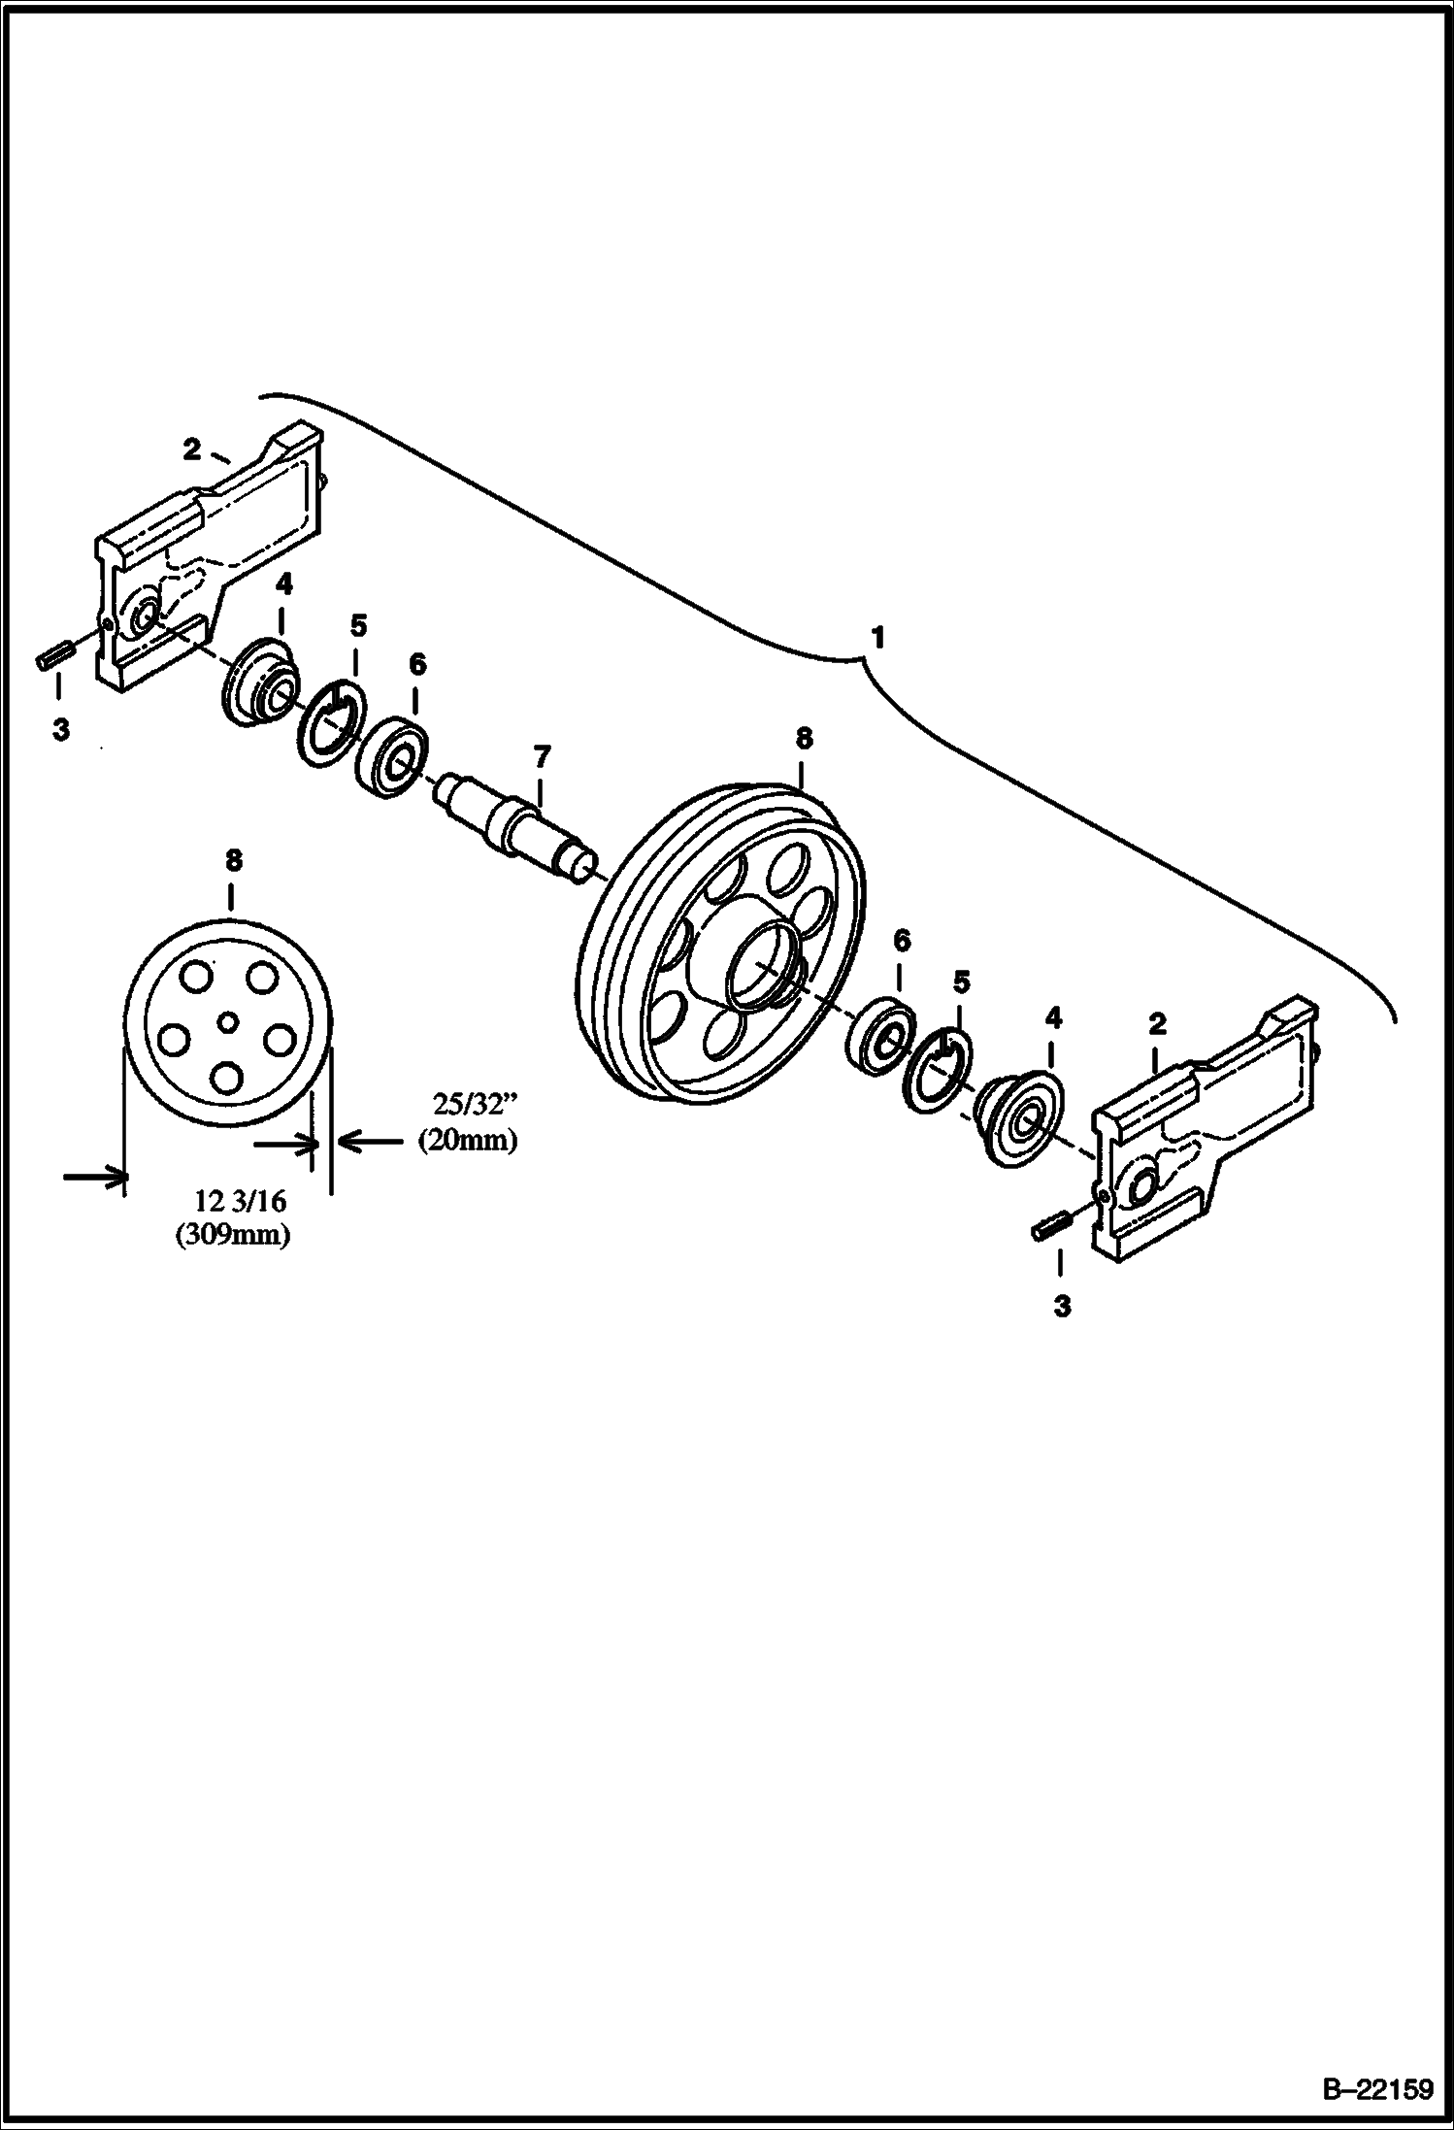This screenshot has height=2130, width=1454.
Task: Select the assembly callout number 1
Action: pos(876,639)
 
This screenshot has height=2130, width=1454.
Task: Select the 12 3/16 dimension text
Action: pos(241,1201)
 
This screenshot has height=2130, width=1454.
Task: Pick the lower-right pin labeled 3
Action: pos(1048,1228)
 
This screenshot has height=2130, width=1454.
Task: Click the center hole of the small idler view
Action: pos(228,1020)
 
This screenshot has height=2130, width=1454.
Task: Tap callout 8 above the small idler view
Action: pos(233,861)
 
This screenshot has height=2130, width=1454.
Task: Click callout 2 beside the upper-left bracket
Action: pos(191,449)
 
